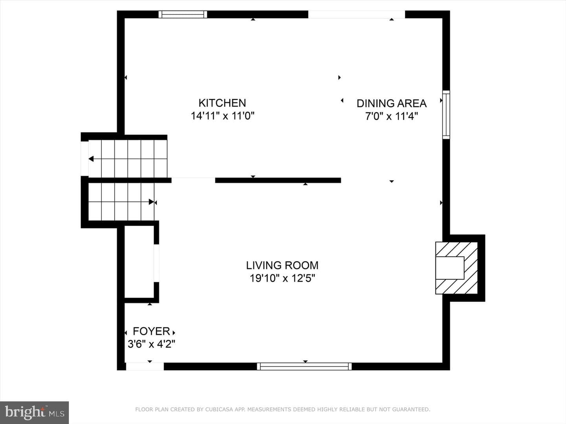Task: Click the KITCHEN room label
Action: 222,103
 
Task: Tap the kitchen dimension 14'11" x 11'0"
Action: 222,116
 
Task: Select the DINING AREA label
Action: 391,104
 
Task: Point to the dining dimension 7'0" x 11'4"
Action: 391,116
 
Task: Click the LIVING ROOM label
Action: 282,265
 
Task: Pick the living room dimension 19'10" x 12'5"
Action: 282,278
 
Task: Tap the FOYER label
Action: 151,331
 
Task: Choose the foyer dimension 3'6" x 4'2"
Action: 151,344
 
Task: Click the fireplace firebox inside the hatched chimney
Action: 450,268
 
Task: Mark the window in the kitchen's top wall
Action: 183,15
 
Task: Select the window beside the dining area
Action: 447,115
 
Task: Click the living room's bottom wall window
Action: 304,367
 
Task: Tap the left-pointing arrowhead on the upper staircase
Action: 91,159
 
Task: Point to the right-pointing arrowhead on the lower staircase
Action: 151,202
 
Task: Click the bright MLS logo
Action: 34,412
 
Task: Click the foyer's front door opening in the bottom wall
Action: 145,367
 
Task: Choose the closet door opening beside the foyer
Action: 156,263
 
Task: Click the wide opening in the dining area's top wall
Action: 357,15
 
